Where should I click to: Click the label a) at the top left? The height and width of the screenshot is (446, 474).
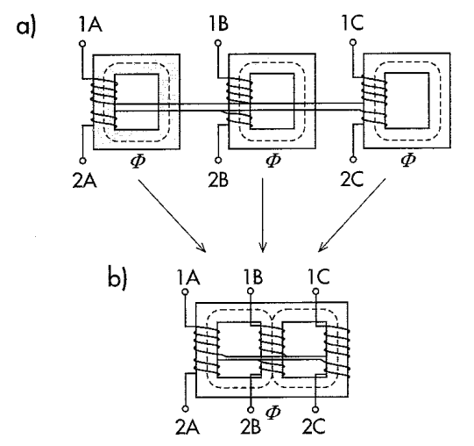click(26, 27)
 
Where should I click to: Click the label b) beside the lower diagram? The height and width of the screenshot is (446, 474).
click(118, 277)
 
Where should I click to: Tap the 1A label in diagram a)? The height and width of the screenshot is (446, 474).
click(91, 24)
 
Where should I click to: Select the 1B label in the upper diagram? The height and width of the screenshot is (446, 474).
click(219, 24)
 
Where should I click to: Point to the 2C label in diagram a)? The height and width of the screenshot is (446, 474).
click(351, 179)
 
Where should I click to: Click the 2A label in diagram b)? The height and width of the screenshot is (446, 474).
click(187, 428)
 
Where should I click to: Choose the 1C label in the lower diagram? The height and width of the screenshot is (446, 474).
click(319, 277)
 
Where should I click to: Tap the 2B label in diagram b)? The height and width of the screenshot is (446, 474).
click(251, 428)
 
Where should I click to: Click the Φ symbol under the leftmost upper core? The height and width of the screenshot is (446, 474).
click(138, 161)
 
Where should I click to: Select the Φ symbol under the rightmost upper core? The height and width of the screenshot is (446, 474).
click(408, 160)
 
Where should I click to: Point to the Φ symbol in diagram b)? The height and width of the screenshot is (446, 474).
click(273, 412)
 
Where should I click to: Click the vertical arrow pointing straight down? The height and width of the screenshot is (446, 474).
click(263, 215)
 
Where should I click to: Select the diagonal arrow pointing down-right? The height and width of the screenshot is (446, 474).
click(172, 216)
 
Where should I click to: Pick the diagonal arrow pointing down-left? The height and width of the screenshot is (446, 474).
click(352, 215)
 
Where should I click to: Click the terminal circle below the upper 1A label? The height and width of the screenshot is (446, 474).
click(82, 44)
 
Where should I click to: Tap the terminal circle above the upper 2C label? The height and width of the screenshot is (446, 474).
click(353, 159)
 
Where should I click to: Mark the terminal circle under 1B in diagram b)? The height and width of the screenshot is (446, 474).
click(251, 291)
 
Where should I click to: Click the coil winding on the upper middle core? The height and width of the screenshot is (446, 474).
click(239, 102)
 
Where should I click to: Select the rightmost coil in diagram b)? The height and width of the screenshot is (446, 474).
click(337, 352)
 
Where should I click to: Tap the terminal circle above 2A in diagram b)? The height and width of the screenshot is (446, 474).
click(186, 408)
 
